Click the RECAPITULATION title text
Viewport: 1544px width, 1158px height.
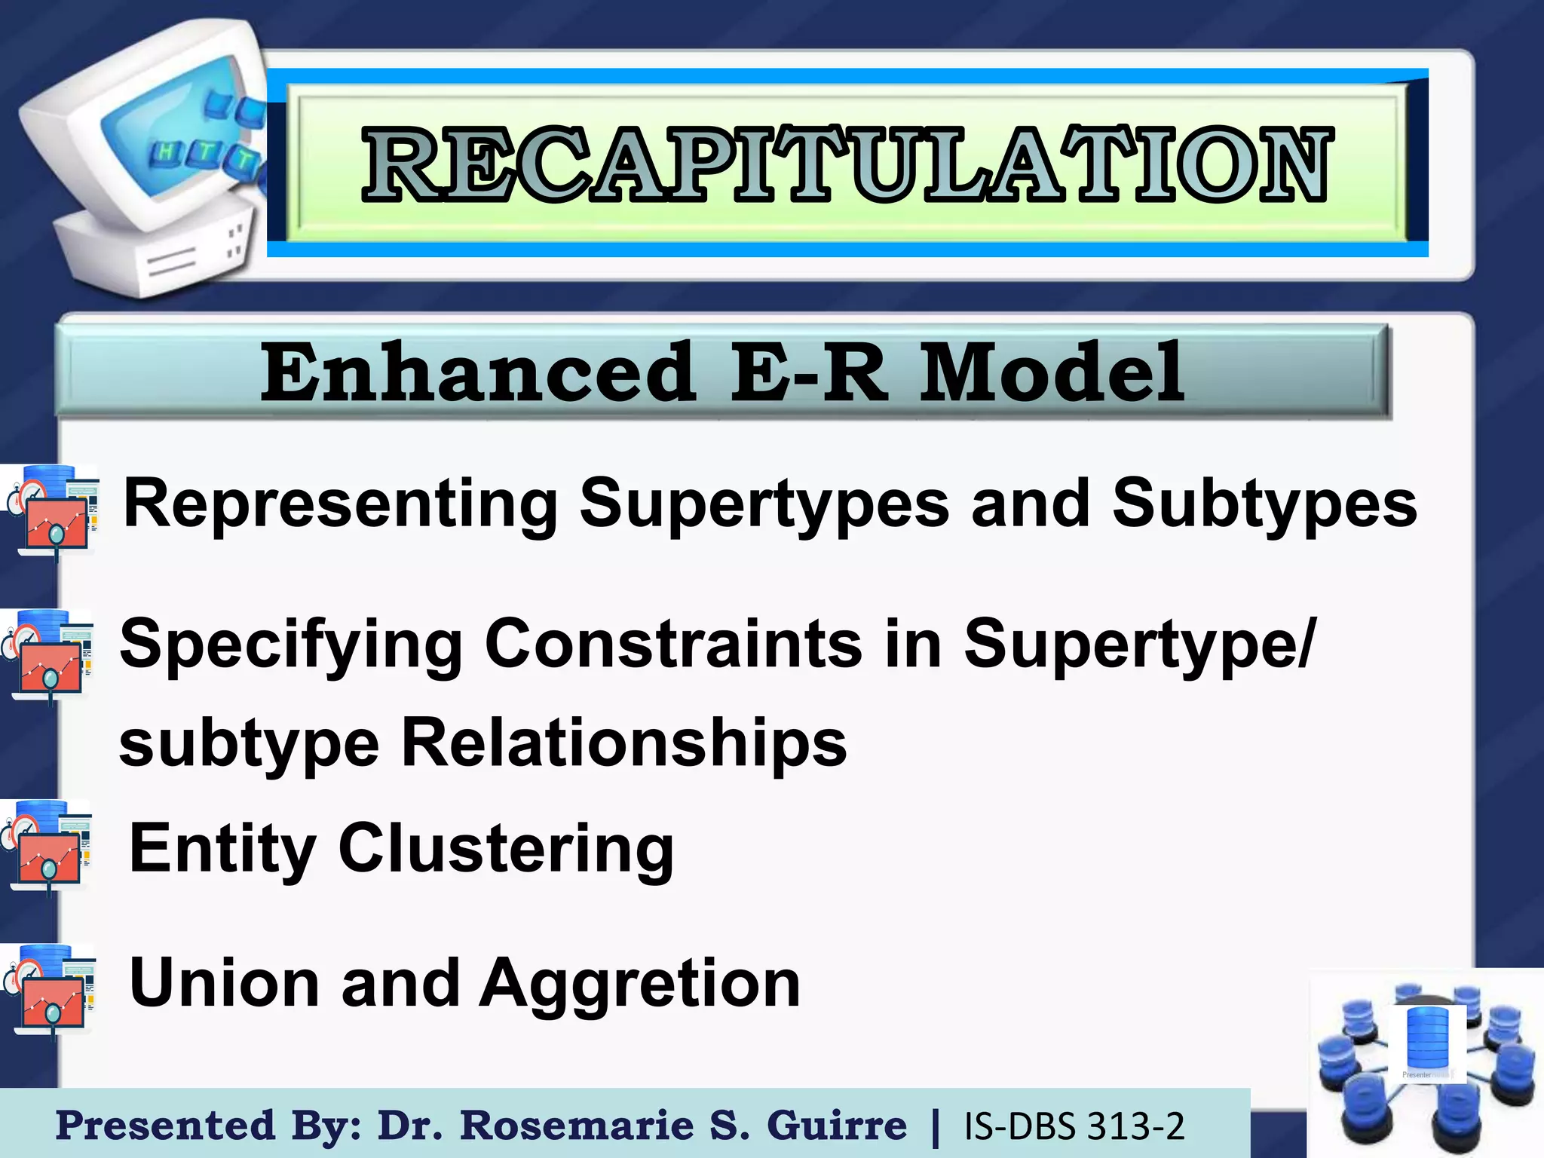click(x=847, y=164)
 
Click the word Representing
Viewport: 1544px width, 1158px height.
click(x=341, y=504)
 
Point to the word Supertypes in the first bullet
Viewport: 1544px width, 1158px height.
click(x=764, y=504)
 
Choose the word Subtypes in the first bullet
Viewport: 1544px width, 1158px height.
click(x=1264, y=504)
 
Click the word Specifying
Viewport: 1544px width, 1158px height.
click(x=291, y=645)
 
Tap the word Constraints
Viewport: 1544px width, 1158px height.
click(x=673, y=645)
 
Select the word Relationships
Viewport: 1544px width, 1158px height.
click(x=623, y=743)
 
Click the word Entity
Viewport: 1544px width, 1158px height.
click(x=222, y=849)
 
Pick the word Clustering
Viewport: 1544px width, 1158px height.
click(x=506, y=849)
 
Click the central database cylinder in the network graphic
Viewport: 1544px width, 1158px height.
click(x=1428, y=1041)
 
